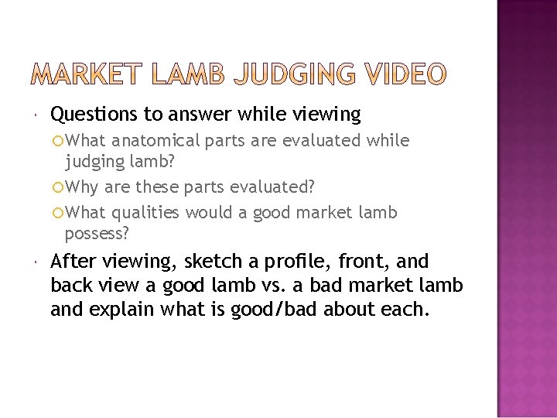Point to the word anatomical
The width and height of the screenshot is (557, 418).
[x=156, y=140]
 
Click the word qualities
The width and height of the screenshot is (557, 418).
[x=147, y=212]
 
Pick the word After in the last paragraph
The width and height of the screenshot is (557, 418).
[x=75, y=262]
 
